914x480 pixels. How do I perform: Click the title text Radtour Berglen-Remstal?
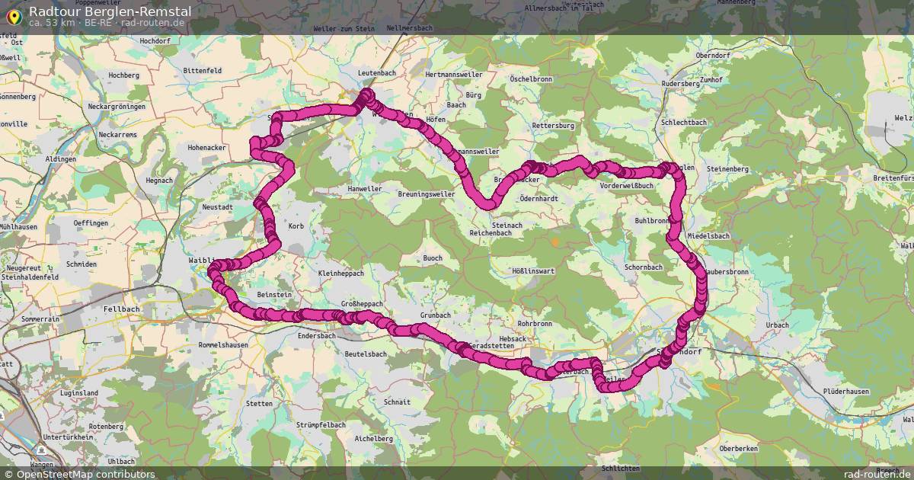pyautogui.click(x=110, y=11)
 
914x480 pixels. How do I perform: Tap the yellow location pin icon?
pyautogui.click(x=13, y=15)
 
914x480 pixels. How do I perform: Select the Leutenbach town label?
pyautogui.click(x=376, y=73)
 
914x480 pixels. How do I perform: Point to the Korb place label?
pyautogui.click(x=296, y=226)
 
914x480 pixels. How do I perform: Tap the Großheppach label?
pyautogui.click(x=362, y=303)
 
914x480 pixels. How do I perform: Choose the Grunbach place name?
pyautogui.click(x=436, y=315)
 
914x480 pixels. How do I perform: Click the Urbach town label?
pyautogui.click(x=777, y=325)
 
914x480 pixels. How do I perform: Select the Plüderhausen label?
pyautogui.click(x=846, y=391)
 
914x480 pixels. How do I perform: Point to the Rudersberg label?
pyautogui.click(x=680, y=84)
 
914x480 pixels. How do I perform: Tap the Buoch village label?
pyautogui.click(x=433, y=258)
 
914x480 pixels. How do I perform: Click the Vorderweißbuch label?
pyautogui.click(x=627, y=185)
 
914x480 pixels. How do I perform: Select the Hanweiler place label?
pyautogui.click(x=364, y=189)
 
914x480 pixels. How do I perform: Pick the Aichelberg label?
pyautogui.click(x=374, y=439)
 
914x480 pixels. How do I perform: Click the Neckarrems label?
pyautogui.click(x=118, y=134)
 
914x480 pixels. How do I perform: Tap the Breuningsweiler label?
pyautogui.click(x=426, y=194)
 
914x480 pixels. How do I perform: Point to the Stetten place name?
pyautogui.click(x=259, y=404)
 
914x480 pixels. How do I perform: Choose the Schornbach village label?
pyautogui.click(x=643, y=267)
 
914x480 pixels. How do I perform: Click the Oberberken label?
pyautogui.click(x=739, y=449)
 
